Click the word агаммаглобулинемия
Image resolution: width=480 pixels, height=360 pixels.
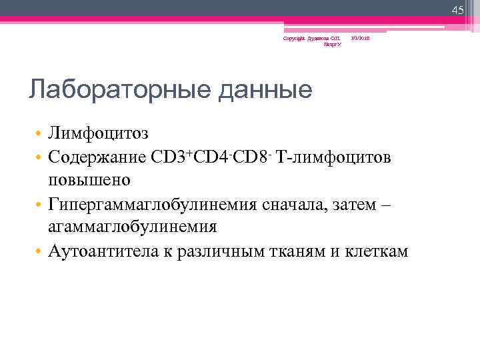[x=132, y=227]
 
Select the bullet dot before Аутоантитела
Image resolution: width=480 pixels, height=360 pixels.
[x=39, y=251]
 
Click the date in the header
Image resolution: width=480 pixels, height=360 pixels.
[x=361, y=38]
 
